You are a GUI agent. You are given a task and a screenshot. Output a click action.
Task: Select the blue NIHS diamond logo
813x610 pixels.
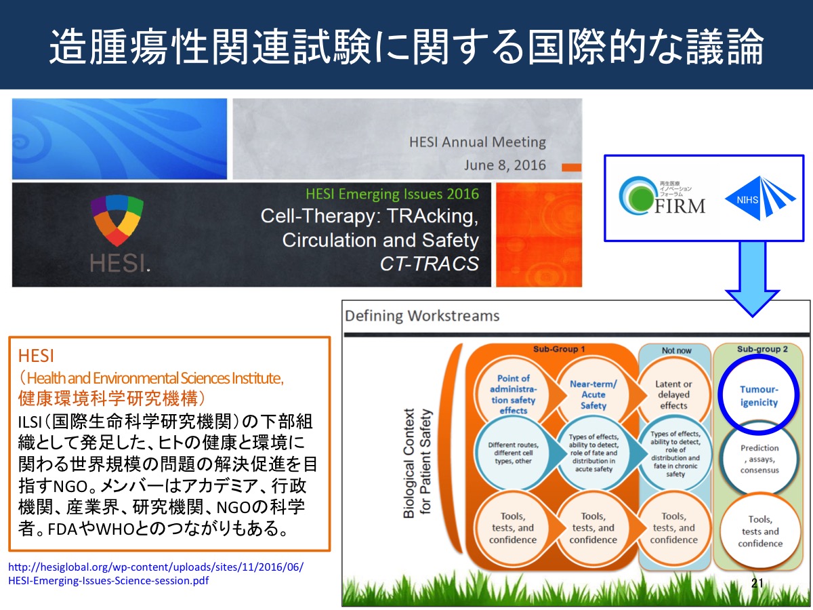tap(760, 198)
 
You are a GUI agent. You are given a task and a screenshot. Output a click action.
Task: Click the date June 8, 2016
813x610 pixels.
tap(505, 165)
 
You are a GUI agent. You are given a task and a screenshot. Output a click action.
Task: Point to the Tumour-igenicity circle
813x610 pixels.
tap(759, 395)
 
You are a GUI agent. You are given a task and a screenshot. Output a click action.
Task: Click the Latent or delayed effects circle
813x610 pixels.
tap(673, 395)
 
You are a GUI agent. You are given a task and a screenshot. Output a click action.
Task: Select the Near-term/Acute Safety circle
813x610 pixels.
tap(593, 395)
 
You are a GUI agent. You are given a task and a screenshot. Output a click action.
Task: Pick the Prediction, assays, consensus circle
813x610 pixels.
tap(759, 459)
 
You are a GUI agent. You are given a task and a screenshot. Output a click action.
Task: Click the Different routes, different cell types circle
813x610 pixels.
tap(513, 453)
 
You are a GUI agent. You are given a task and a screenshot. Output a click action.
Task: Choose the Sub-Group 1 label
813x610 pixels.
tap(558, 349)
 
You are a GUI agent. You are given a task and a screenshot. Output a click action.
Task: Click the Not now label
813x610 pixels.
tap(676, 350)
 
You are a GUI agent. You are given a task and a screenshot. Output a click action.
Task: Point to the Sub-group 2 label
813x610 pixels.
tap(762, 349)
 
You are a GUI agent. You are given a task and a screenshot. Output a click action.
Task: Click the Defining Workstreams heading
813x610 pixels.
tap(422, 316)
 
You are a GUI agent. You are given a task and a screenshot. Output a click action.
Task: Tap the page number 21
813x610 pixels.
tap(757, 583)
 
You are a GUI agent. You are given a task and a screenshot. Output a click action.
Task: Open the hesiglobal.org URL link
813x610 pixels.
tap(156, 573)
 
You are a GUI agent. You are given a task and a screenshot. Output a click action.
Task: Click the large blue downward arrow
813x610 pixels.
tap(752, 279)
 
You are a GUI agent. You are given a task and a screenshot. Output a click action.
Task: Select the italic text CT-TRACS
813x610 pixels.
tap(430, 264)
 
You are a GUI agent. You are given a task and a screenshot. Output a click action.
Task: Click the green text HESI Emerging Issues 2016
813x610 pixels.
tap(392, 194)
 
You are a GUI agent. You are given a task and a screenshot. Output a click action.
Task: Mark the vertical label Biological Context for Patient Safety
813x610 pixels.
tap(417, 463)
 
